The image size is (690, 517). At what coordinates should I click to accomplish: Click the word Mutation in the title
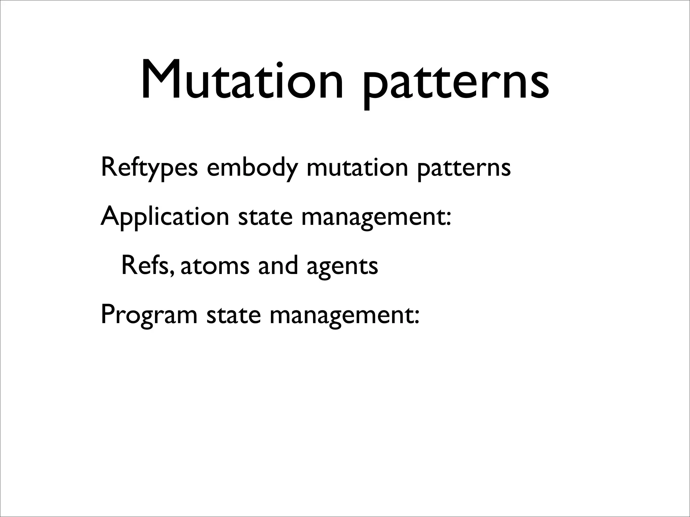tap(241, 81)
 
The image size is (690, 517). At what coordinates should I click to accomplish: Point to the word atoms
tap(215, 266)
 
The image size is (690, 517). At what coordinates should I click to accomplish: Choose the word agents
tap(342, 268)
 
